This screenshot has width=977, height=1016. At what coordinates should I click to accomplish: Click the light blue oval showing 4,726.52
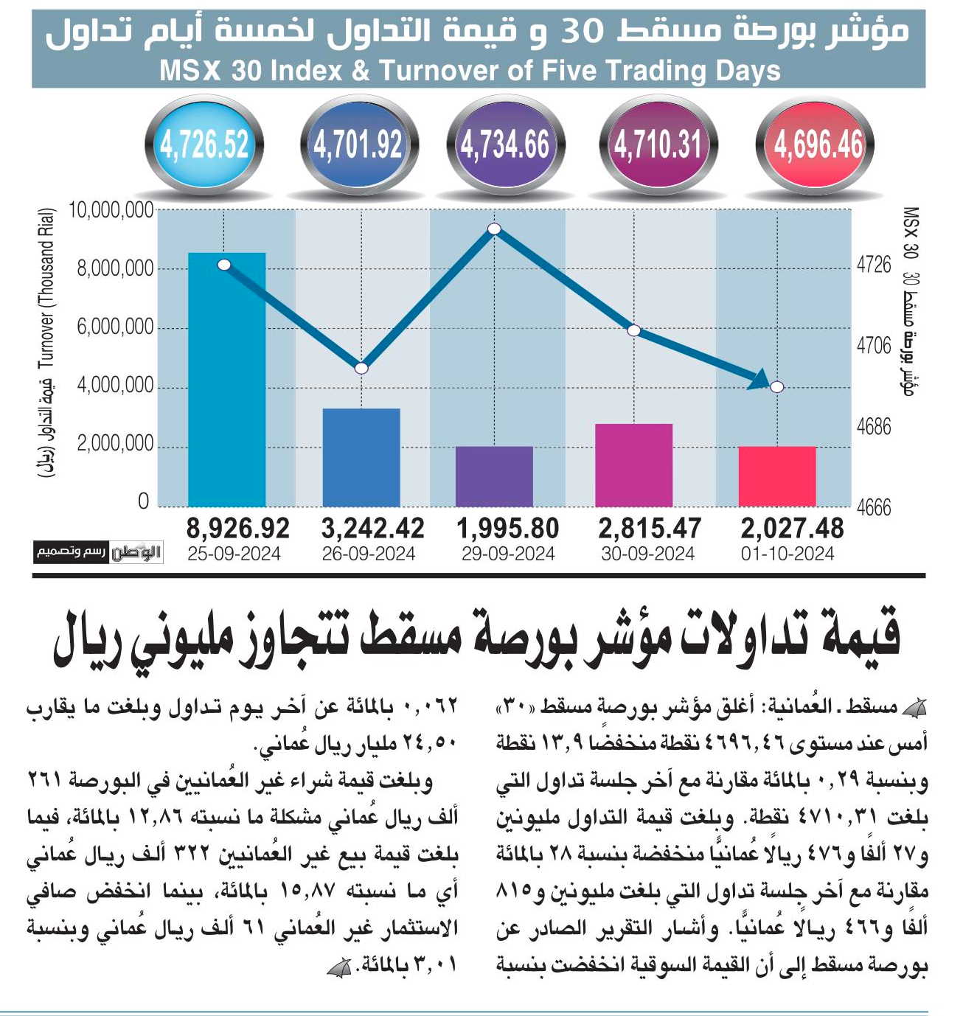tap(204, 145)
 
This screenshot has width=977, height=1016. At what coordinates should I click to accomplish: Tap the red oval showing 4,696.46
tap(816, 145)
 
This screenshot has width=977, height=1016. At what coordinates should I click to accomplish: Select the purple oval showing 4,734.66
tap(506, 145)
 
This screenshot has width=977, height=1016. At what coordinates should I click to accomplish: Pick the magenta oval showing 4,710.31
tap(658, 145)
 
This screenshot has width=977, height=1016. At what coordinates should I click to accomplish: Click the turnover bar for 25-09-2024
tap(226, 380)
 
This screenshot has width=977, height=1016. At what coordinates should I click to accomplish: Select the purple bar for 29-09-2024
tap(494, 476)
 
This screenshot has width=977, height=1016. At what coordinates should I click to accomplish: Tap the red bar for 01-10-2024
tap(777, 476)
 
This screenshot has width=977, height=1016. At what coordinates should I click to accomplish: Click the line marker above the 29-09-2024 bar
tap(494, 229)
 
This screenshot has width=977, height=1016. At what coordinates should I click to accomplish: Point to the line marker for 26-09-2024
tap(361, 368)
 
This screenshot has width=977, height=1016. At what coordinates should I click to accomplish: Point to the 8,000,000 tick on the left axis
tap(116, 269)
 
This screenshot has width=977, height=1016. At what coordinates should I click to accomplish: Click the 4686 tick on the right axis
tap(874, 427)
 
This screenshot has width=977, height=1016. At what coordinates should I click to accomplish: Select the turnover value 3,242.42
tap(373, 529)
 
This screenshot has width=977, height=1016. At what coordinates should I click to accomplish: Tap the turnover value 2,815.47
tap(650, 529)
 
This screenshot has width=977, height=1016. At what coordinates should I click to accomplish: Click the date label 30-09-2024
tap(647, 554)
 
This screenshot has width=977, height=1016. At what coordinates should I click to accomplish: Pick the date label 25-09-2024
tap(234, 554)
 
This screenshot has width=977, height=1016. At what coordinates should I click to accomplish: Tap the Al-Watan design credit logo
tap(98, 552)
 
